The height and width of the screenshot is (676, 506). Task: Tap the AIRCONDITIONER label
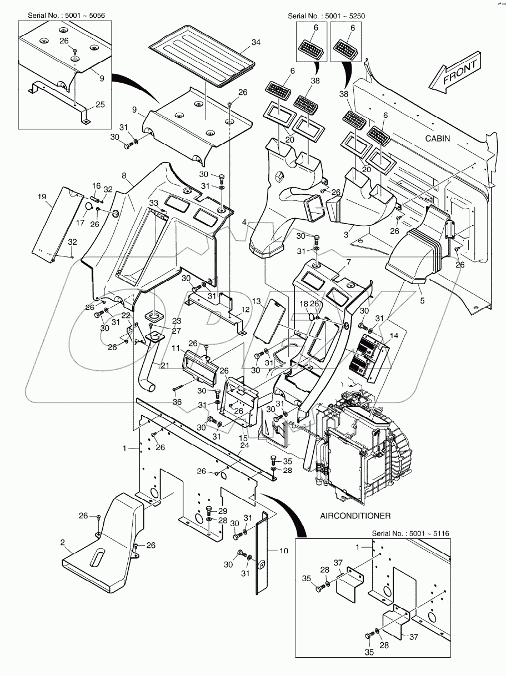356,516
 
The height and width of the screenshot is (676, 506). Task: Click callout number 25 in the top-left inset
100,104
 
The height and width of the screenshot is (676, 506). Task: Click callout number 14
393,336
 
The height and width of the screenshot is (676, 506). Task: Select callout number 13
256,301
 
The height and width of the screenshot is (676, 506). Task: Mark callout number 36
177,402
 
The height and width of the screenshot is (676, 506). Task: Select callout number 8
126,175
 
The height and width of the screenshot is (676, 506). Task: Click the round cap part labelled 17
88,208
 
